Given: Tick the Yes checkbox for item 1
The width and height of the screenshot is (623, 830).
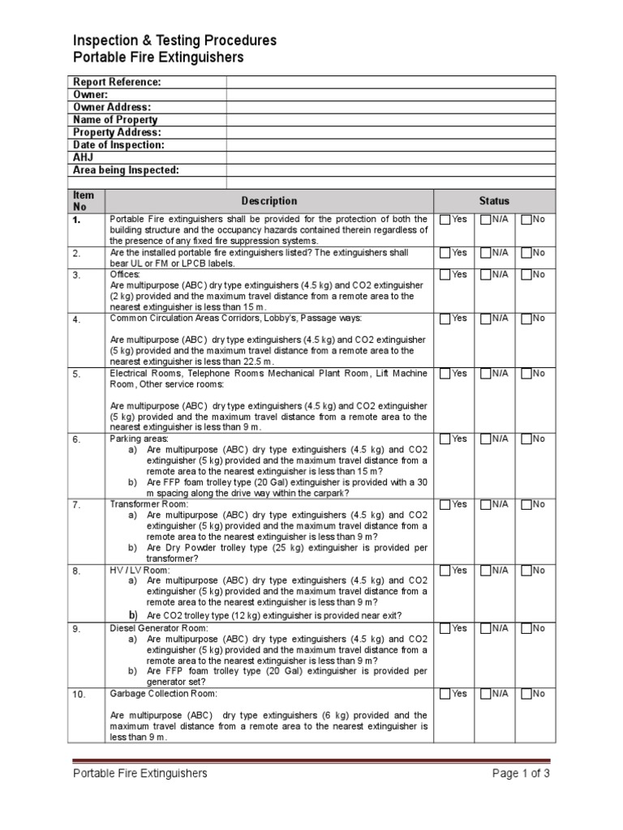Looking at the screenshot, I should (445, 220).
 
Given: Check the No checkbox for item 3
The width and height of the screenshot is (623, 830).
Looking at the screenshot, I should (526, 275).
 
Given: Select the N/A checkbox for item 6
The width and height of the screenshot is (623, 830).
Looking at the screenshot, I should (485, 439).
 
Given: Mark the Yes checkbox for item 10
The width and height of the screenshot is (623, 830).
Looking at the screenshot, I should (445, 694).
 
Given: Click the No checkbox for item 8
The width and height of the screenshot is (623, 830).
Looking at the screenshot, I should (526, 571).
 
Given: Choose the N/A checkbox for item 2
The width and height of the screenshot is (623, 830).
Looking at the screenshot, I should (485, 253).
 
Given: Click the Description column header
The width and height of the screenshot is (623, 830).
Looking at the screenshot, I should (269, 201).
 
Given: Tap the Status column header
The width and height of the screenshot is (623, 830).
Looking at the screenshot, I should (494, 201).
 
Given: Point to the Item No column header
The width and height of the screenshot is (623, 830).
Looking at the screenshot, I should (84, 201).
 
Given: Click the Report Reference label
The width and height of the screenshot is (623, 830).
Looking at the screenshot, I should (117, 82).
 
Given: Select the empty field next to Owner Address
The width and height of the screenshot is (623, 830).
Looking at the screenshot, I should (390, 107).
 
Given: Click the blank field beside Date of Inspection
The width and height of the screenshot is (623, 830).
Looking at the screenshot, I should (390, 145).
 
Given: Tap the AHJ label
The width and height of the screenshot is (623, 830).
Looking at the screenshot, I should (84, 157).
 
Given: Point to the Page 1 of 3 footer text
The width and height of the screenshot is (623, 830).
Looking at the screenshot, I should (521, 773).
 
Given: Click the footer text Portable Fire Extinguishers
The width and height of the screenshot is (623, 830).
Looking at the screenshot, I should (140, 773).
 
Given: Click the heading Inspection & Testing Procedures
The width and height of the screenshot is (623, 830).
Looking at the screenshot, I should (174, 41).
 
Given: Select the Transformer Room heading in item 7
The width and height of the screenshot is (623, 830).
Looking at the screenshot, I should (148, 504).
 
